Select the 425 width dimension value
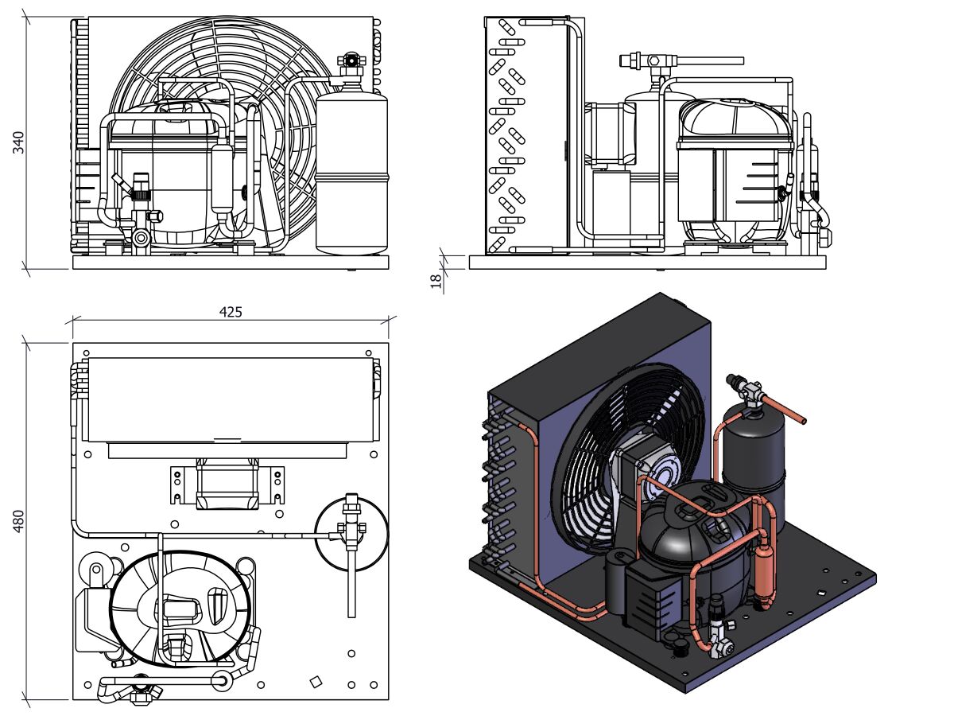231,312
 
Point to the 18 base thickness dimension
436,280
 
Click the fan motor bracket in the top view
227,485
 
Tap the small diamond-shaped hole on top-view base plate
316,681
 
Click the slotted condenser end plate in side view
509,135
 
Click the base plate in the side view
648,262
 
